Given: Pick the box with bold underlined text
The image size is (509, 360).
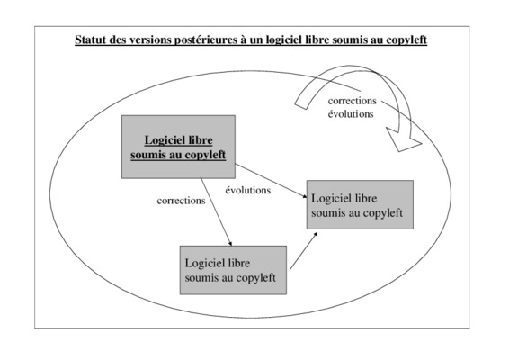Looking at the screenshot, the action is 179,147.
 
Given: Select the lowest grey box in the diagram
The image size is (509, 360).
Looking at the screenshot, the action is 234,270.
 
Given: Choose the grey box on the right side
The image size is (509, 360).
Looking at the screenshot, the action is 360,204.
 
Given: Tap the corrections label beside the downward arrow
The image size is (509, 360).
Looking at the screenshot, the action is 181,201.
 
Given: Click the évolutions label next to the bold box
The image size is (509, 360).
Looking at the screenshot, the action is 248,190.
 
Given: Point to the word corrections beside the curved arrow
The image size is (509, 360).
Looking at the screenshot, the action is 353,101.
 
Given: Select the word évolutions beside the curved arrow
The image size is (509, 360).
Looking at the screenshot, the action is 351,114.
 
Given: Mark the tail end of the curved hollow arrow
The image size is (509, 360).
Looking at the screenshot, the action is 301,105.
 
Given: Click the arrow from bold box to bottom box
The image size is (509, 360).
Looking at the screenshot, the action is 216,211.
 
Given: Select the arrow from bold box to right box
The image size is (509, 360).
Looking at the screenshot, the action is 271,181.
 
